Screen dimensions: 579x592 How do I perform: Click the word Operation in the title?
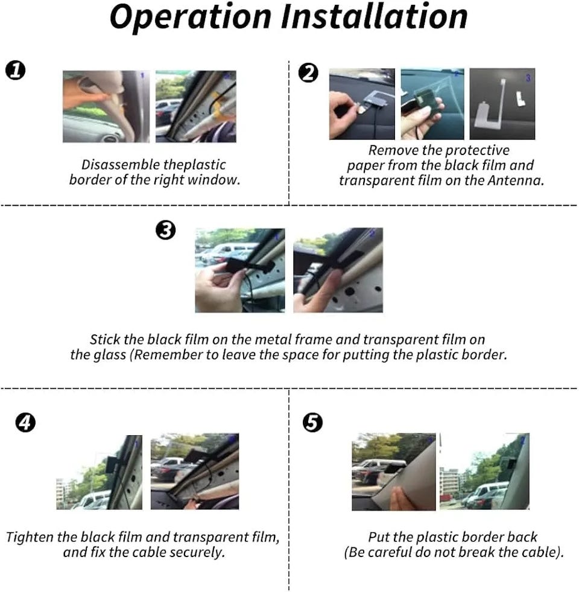pyautogui.click(x=190, y=18)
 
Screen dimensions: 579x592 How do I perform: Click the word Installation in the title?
pyautogui.click(x=374, y=16)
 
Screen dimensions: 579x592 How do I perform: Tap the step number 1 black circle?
pyautogui.click(x=16, y=70)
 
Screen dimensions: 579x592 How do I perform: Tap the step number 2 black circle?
pyautogui.click(x=308, y=73)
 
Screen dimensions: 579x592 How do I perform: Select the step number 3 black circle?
pyautogui.click(x=166, y=230)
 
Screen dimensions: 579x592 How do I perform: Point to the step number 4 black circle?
pyautogui.click(x=25, y=422)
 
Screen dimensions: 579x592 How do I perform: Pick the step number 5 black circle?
pyautogui.click(x=312, y=422)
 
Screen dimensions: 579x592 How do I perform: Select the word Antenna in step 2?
pyautogui.click(x=515, y=180)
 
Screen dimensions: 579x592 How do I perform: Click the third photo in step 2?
pyautogui.click(x=502, y=104)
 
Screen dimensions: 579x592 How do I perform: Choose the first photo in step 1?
pyautogui.click(x=106, y=106)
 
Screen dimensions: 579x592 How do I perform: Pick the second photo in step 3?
pyautogui.click(x=338, y=270)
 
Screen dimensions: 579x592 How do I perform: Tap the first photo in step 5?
pyautogui.click(x=394, y=472)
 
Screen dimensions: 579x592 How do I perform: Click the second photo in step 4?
pyautogui.click(x=195, y=471)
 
